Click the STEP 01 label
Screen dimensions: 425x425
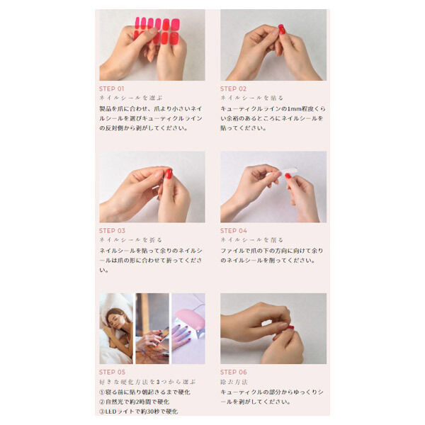pyautogui.click(x=112, y=89)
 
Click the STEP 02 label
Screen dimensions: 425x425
pyautogui.click(x=233, y=89)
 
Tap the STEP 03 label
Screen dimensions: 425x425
pyautogui.click(x=112, y=230)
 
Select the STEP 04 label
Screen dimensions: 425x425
pyautogui.click(x=233, y=230)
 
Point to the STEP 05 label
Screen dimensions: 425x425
pyautogui.click(x=112, y=372)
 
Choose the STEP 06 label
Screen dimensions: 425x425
pyautogui.click(x=233, y=372)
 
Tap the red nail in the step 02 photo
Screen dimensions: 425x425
pyautogui.click(x=281, y=29)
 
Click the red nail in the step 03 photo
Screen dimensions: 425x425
pyautogui.click(x=169, y=174)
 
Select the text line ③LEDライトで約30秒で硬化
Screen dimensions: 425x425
pyautogui.click(x=138, y=411)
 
